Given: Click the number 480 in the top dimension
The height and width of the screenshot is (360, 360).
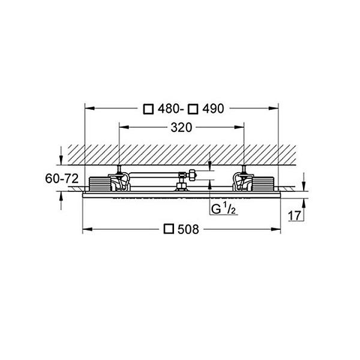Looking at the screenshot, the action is point(169,109).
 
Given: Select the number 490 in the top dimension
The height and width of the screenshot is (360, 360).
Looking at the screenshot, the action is point(213,109).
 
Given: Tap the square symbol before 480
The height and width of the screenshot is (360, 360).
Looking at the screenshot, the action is point(148,109).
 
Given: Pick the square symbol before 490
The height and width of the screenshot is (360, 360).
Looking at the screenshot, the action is point(193,109).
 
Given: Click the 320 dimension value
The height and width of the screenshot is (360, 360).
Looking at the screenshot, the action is point(181,128).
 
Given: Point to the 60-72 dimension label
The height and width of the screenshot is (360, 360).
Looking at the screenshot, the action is point(62,178).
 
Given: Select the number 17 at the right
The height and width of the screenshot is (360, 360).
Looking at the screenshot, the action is point(295,216).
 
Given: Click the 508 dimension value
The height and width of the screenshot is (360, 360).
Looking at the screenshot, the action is point(188,229).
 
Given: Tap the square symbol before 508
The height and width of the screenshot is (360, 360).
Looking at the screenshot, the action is point(169,229).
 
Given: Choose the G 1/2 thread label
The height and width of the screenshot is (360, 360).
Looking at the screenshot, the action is point(223,209).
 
